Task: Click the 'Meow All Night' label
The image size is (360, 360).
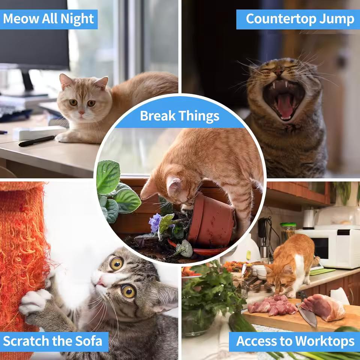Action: [48, 19]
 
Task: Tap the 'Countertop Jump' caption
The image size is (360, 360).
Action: [300, 19]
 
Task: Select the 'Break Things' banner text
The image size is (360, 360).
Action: [180, 115]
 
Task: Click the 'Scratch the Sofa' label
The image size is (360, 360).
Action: [52, 341]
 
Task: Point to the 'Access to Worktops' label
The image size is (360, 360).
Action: [295, 341]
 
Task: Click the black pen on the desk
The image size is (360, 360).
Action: [37, 141]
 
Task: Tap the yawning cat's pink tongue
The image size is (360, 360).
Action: [285, 106]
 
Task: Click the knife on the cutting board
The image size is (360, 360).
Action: [307, 313]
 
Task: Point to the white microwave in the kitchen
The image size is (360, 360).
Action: [328, 248]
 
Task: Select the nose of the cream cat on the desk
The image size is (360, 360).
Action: [81, 112]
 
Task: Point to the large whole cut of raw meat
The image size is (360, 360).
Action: [323, 307]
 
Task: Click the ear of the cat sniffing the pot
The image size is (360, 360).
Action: [174, 184]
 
